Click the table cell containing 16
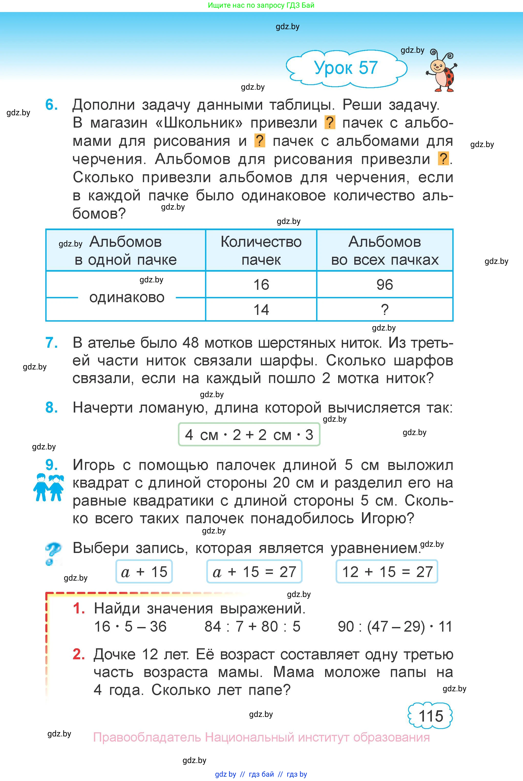pyautogui.click(x=261, y=285)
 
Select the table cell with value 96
pyautogui.click(x=385, y=285)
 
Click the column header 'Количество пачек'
pyautogui.click(x=261, y=250)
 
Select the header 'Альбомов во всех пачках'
pyautogui.click(x=385, y=250)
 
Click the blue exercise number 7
pyautogui.click(x=51, y=343)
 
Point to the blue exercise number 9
pyautogui.click(x=51, y=465)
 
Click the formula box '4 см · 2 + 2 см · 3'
pyautogui.click(x=249, y=435)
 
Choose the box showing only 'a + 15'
pyautogui.click(x=144, y=572)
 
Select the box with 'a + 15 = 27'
pyautogui.click(x=254, y=572)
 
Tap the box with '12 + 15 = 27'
pyautogui.click(x=387, y=572)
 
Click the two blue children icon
pyautogui.click(x=48, y=487)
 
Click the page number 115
pyautogui.click(x=430, y=716)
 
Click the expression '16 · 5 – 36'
pyautogui.click(x=130, y=626)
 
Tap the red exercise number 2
pyautogui.click(x=79, y=654)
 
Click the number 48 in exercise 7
pyautogui.click(x=190, y=343)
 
